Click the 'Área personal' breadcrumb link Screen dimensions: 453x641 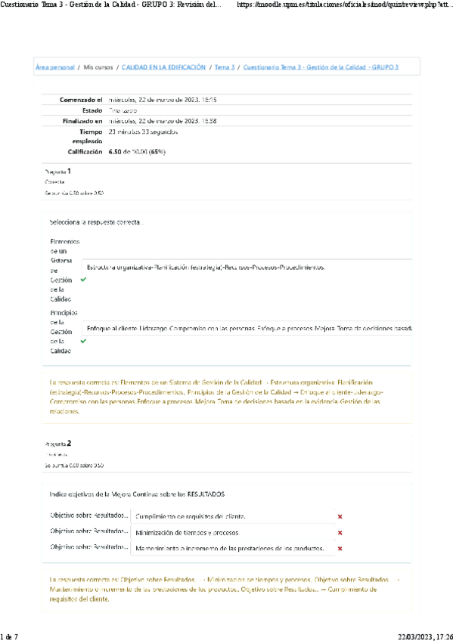(54, 67)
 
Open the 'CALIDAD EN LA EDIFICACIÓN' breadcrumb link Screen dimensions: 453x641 (163, 67)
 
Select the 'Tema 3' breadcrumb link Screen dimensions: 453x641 (225, 67)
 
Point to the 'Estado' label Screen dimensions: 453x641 (92, 110)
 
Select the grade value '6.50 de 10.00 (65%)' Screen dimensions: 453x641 (137, 152)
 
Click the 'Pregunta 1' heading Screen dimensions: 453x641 (58, 172)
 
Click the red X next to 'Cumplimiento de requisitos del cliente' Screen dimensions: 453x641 (340, 516)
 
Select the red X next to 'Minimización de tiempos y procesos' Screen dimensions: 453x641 (340, 532)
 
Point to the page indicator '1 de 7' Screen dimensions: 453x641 (9, 636)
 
